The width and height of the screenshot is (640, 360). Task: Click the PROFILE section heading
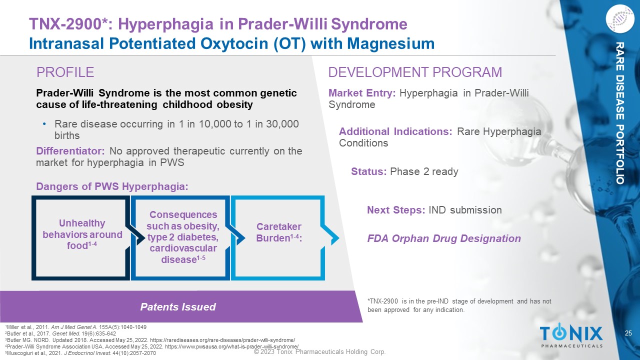65,72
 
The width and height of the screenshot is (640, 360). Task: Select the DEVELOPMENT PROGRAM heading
415,72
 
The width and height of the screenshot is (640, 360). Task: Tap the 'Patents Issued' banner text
178,307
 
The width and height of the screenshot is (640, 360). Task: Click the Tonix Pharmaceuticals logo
571,335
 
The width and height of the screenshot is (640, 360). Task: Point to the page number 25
628,333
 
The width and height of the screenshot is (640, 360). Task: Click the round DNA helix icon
619,18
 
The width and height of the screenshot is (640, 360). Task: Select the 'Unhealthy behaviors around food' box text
82,234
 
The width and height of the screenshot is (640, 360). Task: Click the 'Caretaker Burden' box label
279,232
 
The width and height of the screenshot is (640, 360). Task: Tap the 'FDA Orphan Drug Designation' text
444,238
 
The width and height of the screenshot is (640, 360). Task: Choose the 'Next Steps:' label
396,210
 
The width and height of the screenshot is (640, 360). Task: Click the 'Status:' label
369,171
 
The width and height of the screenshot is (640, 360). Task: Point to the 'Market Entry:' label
362,93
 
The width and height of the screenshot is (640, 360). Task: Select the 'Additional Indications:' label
395,131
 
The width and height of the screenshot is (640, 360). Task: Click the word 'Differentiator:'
70,151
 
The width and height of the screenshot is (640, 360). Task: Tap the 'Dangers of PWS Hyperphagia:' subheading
112,186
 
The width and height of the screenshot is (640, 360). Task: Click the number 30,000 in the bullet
282,124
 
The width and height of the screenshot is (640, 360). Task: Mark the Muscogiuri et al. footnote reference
80,353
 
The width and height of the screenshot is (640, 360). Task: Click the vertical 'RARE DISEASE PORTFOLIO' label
619,113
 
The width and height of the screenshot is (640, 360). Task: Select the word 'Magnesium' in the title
390,43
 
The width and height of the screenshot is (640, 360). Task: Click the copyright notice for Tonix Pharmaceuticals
319,351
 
